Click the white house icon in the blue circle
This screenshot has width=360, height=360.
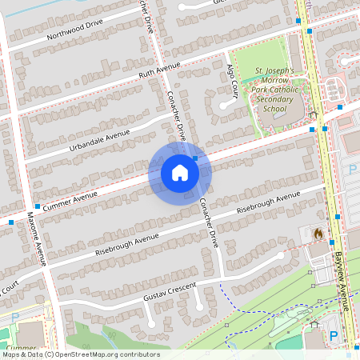pyautogui.click(x=180, y=173)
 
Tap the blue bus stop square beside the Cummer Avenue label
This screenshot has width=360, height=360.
pyautogui.click(x=37, y=206)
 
